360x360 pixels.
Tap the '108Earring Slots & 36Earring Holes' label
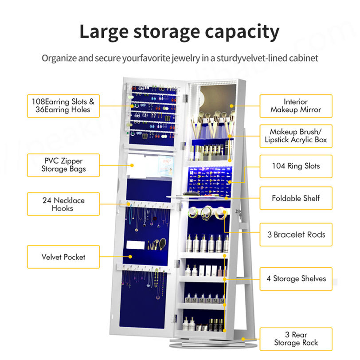point(63,106)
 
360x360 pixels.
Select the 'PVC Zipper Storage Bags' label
point(63,165)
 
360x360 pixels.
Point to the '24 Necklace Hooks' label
point(63,204)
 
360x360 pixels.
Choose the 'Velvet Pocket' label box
point(63,257)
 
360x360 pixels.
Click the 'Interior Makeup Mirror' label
point(296,106)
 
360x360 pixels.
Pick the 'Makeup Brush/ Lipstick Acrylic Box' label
point(296,136)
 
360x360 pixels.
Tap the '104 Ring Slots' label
point(296,166)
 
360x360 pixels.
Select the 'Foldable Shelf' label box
point(296,198)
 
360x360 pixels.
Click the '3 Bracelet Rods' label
point(296,234)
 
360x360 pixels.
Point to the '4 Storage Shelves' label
point(296,279)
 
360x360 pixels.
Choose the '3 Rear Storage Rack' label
point(296,339)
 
